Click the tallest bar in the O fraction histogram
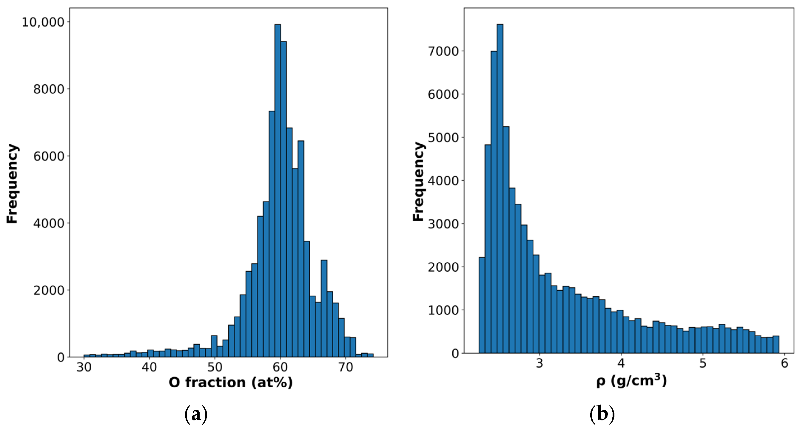pyautogui.click(x=278, y=191)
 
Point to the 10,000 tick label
pyautogui.click(x=43, y=22)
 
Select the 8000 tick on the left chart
pyautogui.click(x=49, y=89)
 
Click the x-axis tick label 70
pyautogui.click(x=346, y=367)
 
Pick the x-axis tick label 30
pyautogui.click(x=84, y=367)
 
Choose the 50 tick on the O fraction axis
pyautogui.click(x=215, y=367)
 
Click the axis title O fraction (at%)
pyautogui.click(x=230, y=382)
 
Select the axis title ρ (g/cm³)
pyautogui.click(x=631, y=381)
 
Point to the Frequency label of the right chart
pyautogui.click(x=418, y=182)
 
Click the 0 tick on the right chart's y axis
pyautogui.click(x=455, y=354)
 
